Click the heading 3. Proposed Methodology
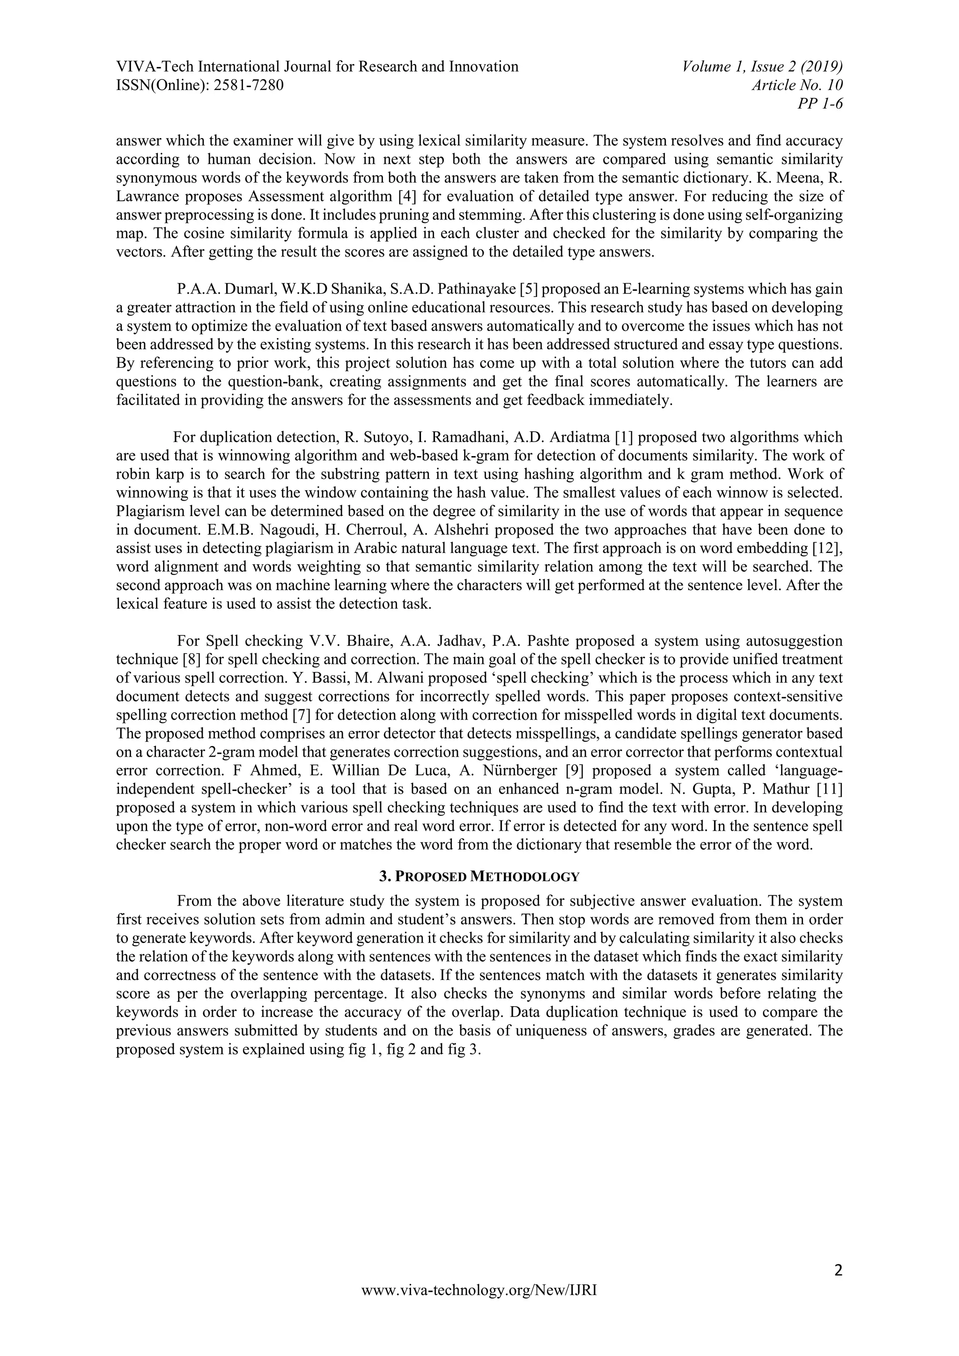(479, 877)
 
